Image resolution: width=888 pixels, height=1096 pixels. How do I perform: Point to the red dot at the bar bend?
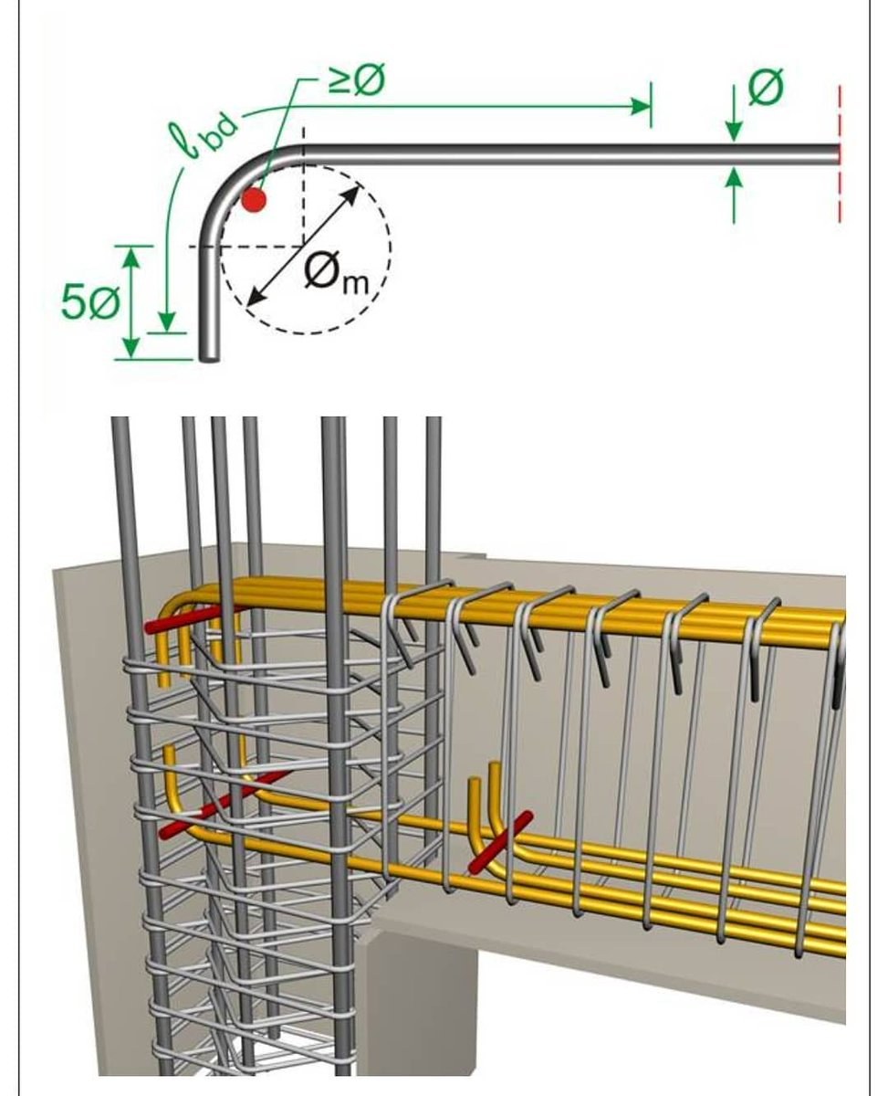(x=254, y=199)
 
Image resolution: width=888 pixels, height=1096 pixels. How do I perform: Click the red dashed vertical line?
(x=839, y=155)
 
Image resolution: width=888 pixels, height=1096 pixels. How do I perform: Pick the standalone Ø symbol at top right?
(x=765, y=88)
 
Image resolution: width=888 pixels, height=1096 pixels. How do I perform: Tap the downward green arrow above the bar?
(x=734, y=123)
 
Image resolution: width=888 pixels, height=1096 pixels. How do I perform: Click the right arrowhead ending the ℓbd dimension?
(x=644, y=107)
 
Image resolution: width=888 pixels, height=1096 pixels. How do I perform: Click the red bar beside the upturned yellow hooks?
(x=498, y=841)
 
